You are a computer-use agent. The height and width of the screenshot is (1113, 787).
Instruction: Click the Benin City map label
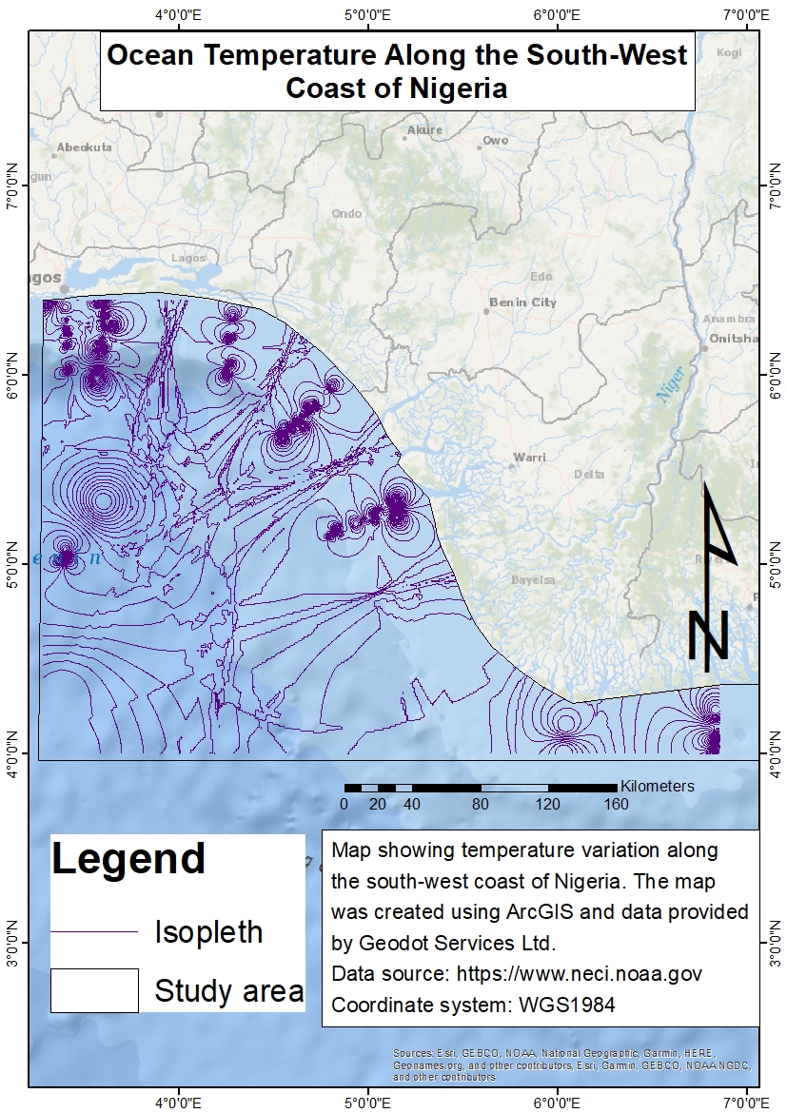coord(522,303)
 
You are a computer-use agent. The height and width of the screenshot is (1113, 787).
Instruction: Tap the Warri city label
coord(530,458)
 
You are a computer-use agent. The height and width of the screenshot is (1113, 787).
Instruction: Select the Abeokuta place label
coord(85,147)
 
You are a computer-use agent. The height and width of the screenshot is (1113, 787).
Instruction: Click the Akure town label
coord(424,130)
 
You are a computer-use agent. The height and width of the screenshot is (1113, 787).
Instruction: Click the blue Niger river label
coord(671,388)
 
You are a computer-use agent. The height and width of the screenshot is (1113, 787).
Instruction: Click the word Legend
coord(128,858)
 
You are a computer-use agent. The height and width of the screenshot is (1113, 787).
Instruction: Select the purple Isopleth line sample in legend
coord(94,931)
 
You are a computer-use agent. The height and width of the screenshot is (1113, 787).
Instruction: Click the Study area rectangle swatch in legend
coord(94,990)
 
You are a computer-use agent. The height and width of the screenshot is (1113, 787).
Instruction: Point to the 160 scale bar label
coord(616,805)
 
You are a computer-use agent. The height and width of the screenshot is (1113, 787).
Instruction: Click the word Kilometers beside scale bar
coord(657,786)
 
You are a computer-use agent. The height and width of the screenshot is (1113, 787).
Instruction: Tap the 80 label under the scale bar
coord(480,805)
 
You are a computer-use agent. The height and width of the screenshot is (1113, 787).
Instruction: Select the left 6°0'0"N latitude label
coord(14,375)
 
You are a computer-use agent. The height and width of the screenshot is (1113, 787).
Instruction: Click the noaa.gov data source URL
coord(580,974)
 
